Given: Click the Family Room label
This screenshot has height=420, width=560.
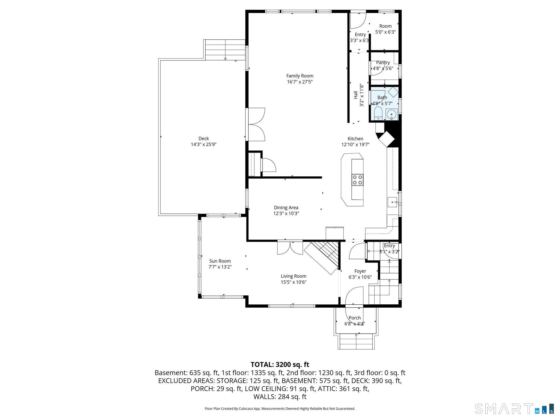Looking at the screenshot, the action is tap(300, 76).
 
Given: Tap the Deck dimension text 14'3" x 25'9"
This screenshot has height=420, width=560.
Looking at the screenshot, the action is tap(204, 144).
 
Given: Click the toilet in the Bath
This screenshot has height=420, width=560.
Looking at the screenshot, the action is tap(378, 113).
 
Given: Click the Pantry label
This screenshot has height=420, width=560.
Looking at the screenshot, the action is tap(383, 63).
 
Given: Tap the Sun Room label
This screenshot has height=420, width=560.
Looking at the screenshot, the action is tap(220, 261).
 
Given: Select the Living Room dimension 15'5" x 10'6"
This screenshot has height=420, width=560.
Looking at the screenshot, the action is tap(294, 282).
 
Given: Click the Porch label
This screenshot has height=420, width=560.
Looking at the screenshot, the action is tap(355, 318).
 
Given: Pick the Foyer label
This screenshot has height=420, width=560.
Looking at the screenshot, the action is tap(360, 271).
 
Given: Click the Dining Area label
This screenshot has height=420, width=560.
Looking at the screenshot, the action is tap(286, 208).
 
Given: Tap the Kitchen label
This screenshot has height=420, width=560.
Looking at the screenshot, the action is tap(355, 139).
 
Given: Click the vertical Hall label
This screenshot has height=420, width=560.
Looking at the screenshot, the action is tap(356, 95).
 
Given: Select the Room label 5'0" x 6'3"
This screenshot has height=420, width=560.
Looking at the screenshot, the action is tap(385, 29).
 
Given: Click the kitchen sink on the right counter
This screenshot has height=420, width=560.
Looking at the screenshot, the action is tap(393, 202).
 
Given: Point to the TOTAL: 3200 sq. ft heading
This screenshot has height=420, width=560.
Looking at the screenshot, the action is tap(280, 364).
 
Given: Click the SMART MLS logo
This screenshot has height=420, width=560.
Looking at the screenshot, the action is tap(514, 409).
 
